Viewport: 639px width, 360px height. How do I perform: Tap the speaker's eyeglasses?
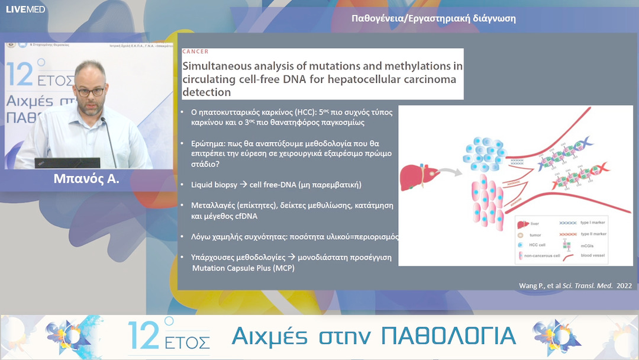pyautogui.click(x=91, y=92)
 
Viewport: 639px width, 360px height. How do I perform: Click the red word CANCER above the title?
pyautogui.click(x=195, y=52)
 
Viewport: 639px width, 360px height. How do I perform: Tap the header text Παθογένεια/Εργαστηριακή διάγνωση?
pyautogui.click(x=433, y=18)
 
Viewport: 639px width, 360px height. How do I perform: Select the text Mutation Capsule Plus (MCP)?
pyautogui.click(x=243, y=268)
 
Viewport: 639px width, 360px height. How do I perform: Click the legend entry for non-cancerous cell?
pyautogui.click(x=540, y=255)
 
